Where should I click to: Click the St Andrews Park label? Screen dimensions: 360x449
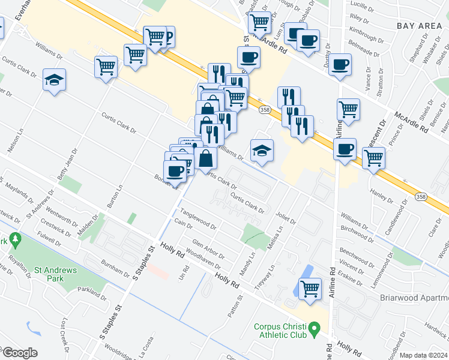pyautogui.click(x=55, y=274)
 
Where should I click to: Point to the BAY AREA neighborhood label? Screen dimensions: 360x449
pyautogui.click(x=419, y=26)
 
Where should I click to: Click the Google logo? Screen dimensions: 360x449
pyautogui.click(x=19, y=353)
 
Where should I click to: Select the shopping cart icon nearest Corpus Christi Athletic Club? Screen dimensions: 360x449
pyautogui.click(x=310, y=289)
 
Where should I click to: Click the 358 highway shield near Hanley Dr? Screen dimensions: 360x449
pyautogui.click(x=422, y=196)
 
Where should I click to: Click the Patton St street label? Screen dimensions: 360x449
pyautogui.click(x=234, y=307)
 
